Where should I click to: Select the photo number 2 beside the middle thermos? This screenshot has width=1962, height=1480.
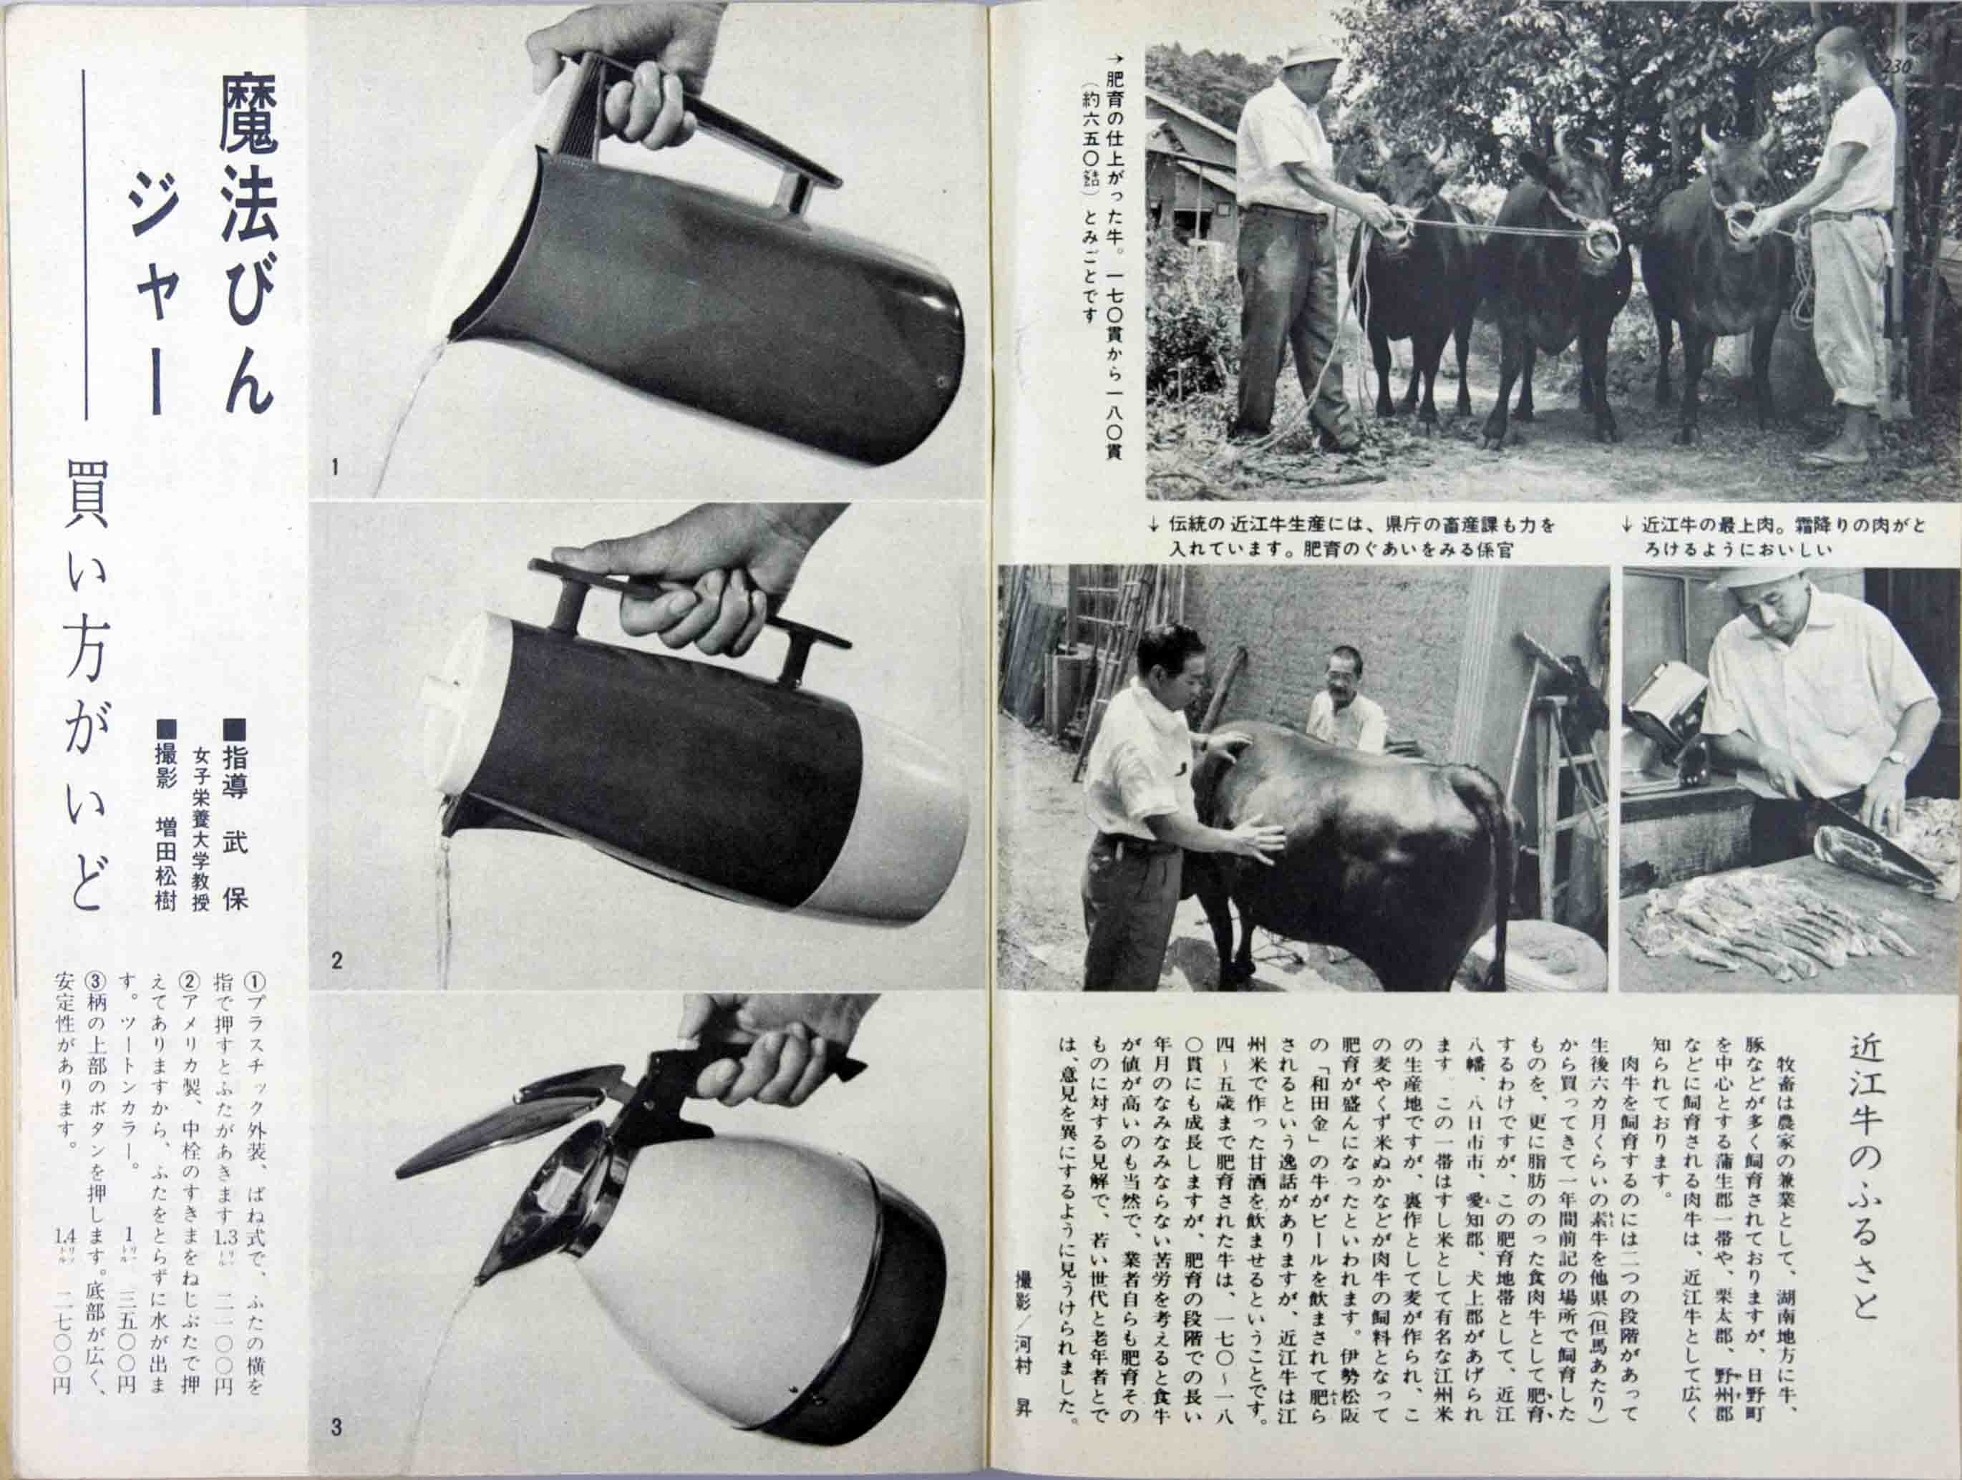(x=336, y=960)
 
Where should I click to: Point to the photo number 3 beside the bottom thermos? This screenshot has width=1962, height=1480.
(x=336, y=1428)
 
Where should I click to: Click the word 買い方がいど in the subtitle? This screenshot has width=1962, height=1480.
(x=89, y=683)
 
